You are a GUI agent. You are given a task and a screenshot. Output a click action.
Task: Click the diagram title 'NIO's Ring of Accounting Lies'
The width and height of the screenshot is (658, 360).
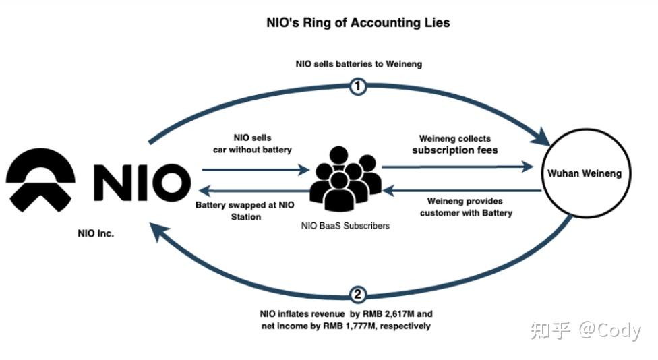click(358, 23)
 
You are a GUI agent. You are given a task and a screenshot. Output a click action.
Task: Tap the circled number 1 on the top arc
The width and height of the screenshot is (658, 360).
click(357, 86)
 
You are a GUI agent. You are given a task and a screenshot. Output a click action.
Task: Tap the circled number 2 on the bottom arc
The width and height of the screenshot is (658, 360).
click(357, 294)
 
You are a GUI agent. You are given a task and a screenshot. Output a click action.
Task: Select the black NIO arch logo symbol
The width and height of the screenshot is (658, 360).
click(40, 179)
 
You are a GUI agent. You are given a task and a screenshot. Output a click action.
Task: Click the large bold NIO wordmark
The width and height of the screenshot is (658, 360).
click(142, 182)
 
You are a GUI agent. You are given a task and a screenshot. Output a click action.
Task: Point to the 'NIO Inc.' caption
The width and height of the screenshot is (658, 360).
click(96, 234)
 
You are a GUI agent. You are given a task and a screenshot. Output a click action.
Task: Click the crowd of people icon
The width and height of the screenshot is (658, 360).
click(346, 179)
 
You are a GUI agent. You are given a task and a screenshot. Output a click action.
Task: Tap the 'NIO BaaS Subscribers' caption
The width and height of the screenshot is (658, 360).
click(345, 226)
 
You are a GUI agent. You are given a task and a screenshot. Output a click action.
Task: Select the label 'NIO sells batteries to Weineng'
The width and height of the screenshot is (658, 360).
click(359, 64)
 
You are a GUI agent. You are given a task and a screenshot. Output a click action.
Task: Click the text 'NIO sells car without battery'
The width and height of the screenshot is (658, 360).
click(252, 144)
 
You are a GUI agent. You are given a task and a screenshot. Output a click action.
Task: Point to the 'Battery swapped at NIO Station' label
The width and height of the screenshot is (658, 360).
click(245, 210)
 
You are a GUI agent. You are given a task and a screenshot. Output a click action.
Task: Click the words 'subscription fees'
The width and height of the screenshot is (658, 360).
click(455, 150)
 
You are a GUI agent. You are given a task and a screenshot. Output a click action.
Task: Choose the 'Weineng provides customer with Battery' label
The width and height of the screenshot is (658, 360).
click(466, 207)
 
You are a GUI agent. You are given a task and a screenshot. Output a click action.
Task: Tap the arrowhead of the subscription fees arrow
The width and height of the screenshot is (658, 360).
click(527, 167)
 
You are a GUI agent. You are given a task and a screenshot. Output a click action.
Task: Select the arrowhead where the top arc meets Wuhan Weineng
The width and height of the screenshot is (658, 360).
click(541, 138)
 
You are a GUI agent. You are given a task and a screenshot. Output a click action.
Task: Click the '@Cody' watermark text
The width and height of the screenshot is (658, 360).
click(610, 330)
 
